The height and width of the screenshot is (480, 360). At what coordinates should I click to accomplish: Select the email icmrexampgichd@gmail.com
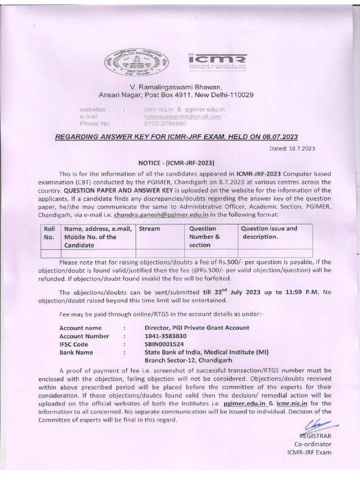[x=182, y=116]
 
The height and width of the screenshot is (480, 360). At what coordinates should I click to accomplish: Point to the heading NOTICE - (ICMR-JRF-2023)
[x=176, y=163]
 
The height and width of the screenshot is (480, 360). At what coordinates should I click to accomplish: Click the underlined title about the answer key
[x=176, y=137]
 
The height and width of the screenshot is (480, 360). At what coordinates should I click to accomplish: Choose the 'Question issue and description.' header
[x=269, y=232]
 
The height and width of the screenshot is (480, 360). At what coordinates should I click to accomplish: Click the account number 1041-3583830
[x=165, y=336]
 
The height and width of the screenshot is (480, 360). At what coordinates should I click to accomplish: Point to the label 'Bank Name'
[x=76, y=352]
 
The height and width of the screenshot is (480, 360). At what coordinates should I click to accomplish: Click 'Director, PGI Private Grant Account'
[x=197, y=328]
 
